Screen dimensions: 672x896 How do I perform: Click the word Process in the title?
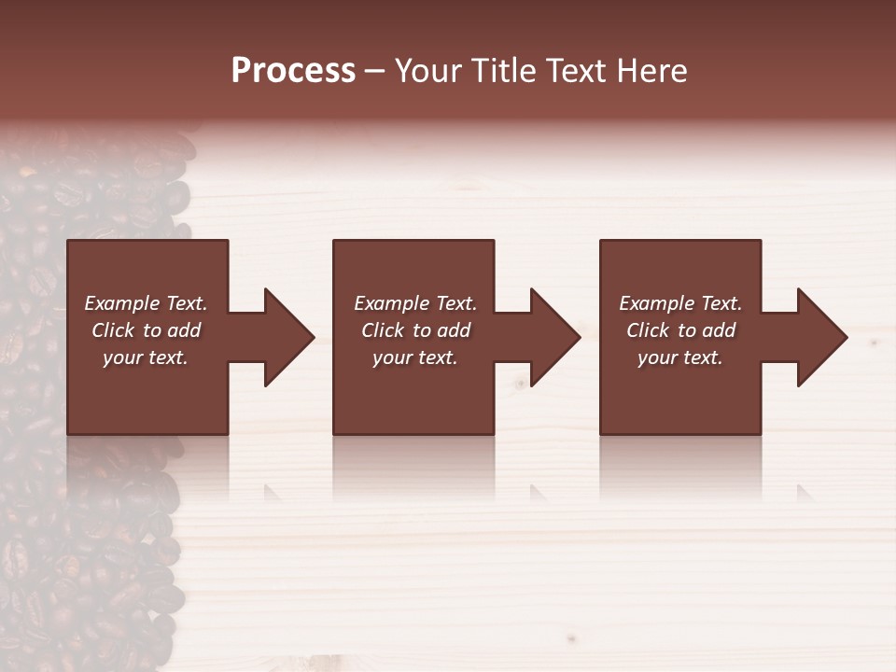[293, 71]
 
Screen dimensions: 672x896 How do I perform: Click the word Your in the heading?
[428, 71]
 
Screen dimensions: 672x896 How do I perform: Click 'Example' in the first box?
[121, 303]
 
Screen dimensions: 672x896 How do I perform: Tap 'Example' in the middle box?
[391, 303]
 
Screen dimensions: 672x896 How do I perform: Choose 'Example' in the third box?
[656, 303]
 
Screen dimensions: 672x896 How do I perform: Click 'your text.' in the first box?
[146, 357]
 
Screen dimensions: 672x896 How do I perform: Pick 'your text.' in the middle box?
[415, 357]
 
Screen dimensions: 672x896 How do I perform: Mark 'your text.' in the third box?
[680, 357]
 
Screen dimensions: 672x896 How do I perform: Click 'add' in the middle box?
[454, 330]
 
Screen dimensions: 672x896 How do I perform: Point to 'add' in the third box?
[719, 330]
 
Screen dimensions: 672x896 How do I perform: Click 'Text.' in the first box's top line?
[186, 303]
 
